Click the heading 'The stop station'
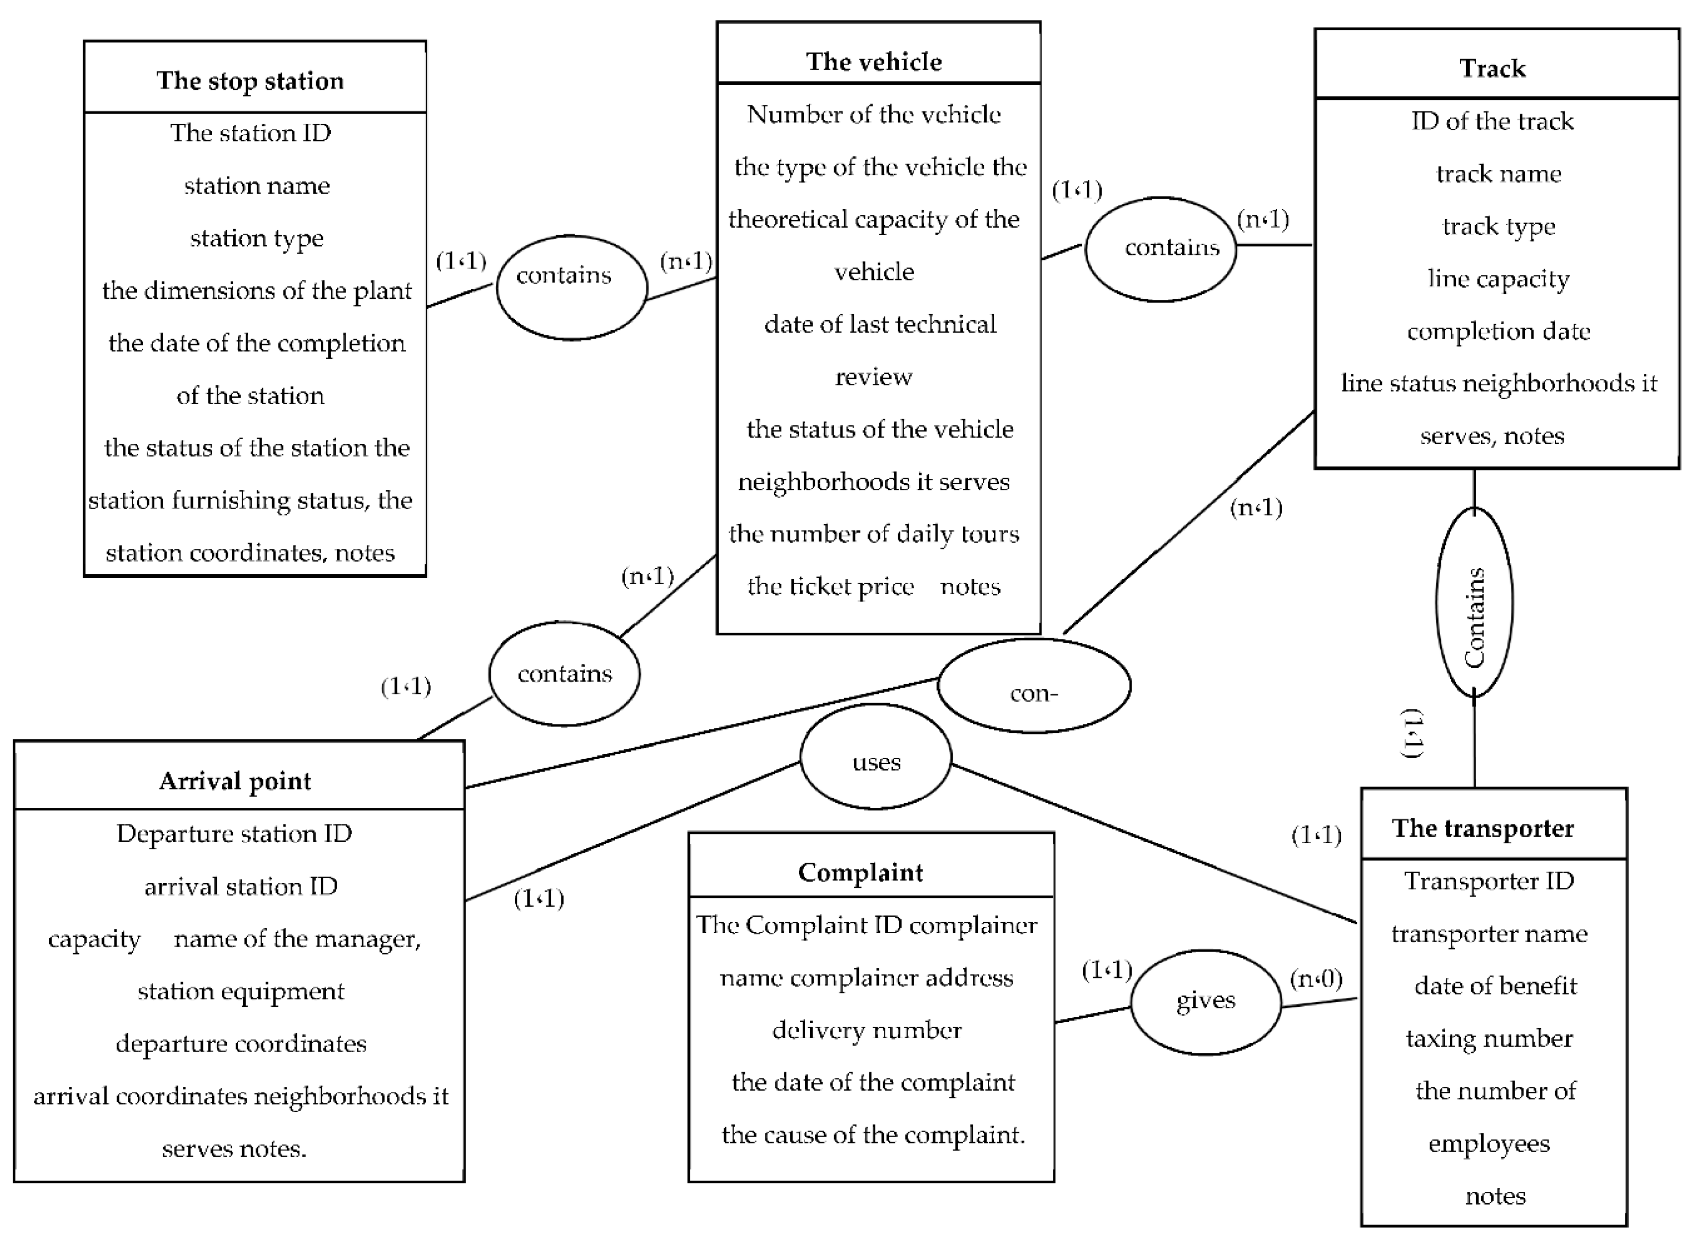pyautogui.click(x=250, y=81)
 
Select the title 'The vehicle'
pyautogui.click(x=874, y=62)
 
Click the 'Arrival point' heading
pyautogui.click(x=235, y=781)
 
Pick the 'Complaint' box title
pyautogui.click(x=860, y=872)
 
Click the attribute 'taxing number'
pyautogui.click(x=1489, y=1039)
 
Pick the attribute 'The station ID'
pyautogui.click(x=250, y=133)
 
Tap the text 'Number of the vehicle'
pyautogui.click(x=874, y=114)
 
